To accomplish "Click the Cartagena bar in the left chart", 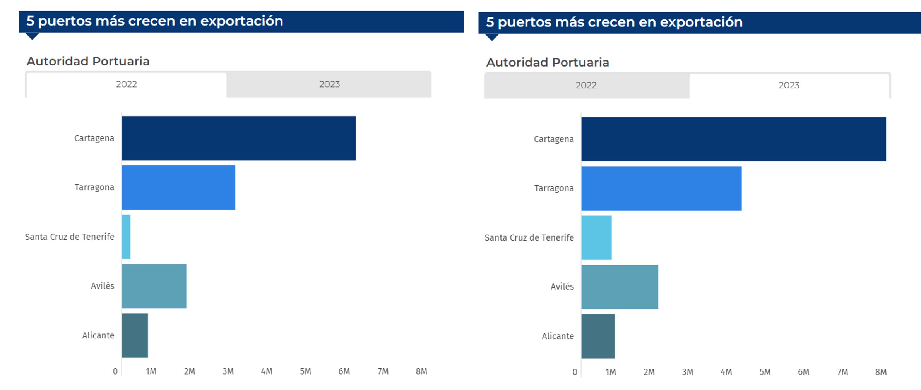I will point(238,138).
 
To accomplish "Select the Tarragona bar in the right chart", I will point(661,189).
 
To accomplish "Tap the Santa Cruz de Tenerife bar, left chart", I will point(126,237).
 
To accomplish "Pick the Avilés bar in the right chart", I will point(619,287).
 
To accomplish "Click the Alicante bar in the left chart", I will point(135,335).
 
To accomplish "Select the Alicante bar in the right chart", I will point(598,336).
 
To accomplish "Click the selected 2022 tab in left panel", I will point(127,84).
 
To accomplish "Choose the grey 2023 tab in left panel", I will point(329,84).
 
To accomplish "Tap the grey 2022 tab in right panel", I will point(586,86).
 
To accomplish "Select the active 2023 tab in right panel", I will point(789,86).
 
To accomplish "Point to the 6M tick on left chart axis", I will point(344,371).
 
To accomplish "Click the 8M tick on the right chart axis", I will point(881,372).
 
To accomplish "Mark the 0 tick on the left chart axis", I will point(115,371).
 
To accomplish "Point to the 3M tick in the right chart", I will point(687,372).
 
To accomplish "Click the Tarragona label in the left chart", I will point(94,187).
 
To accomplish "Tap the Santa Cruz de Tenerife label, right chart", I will point(529,238).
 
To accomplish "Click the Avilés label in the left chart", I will point(103,286).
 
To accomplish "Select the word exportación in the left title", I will point(241,21).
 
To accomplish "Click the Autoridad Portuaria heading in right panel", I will point(548,62).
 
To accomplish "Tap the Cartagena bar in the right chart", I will point(733,139).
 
